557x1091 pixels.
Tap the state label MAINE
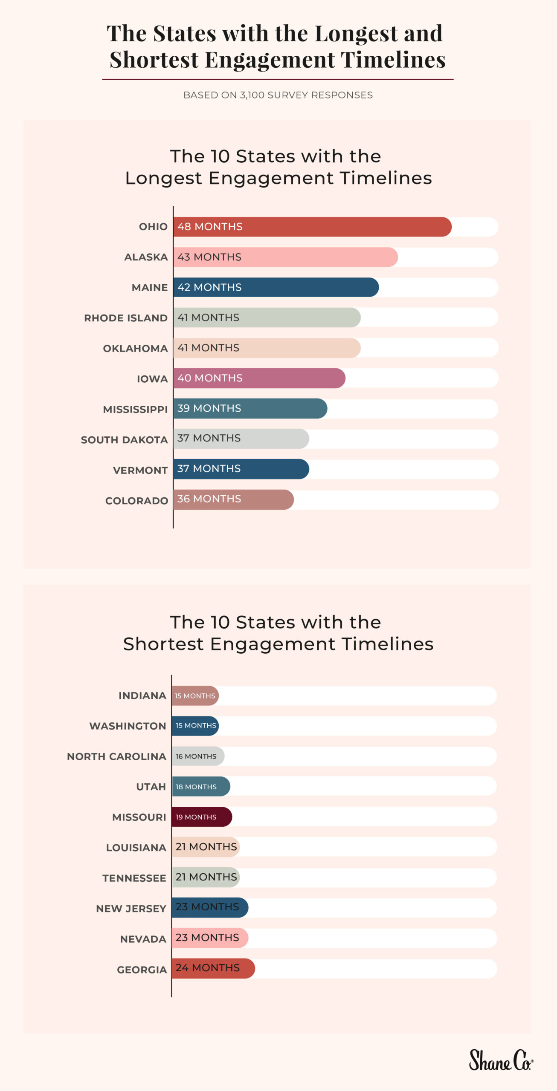click(x=150, y=288)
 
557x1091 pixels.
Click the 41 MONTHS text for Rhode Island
click(x=208, y=317)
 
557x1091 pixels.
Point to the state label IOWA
click(x=152, y=379)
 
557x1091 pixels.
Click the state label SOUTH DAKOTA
click(x=124, y=440)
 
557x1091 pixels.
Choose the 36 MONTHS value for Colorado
click(x=209, y=499)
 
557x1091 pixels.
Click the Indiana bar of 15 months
click(x=195, y=696)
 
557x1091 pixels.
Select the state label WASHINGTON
click(x=128, y=726)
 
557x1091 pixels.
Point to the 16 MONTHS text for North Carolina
click(x=196, y=756)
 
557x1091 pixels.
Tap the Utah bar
click(x=201, y=786)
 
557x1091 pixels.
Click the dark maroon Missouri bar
click(x=202, y=817)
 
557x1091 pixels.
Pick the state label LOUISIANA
click(x=136, y=848)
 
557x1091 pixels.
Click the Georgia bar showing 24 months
click(x=213, y=968)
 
